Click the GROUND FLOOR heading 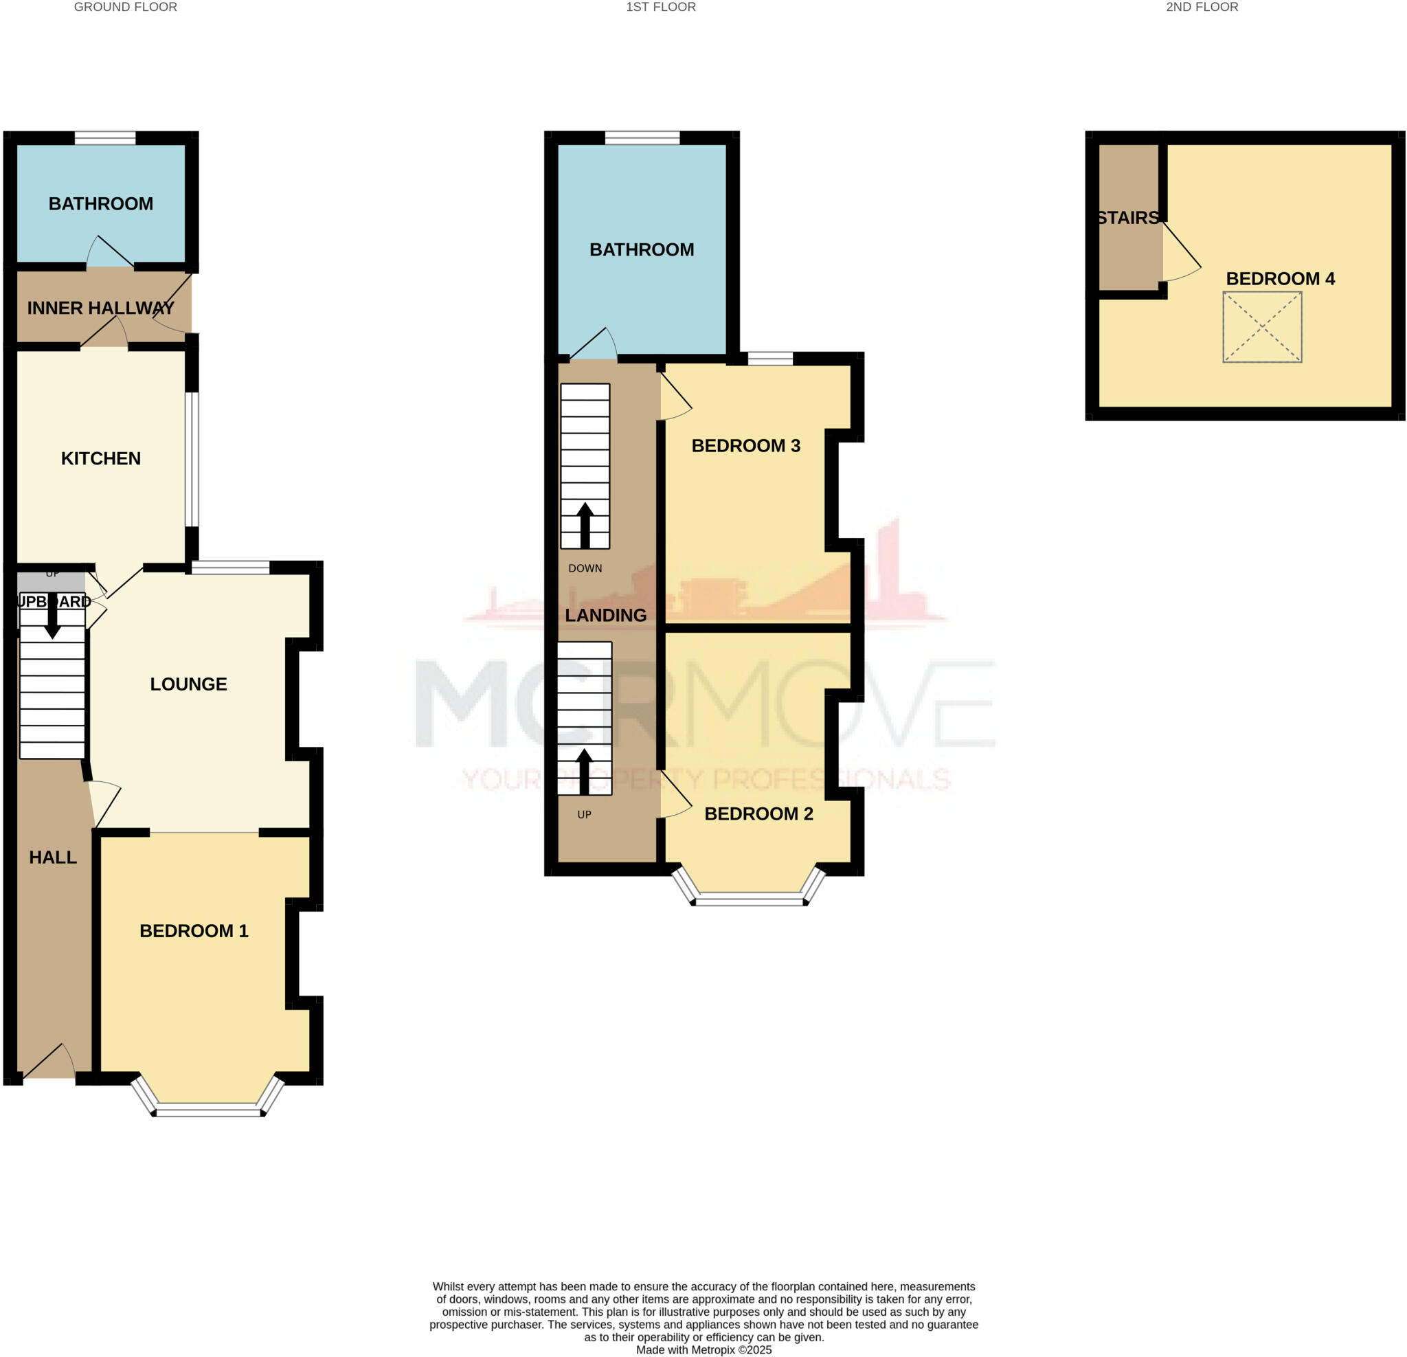tap(126, 7)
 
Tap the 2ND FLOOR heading tap(1202, 7)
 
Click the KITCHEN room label tap(100, 458)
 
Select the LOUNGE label tap(188, 684)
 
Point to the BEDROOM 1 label tap(194, 930)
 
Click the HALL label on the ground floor tap(52, 857)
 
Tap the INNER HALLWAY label tap(100, 308)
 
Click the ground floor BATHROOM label tap(100, 203)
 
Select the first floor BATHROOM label tap(641, 249)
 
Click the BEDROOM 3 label tap(745, 445)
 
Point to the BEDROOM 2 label tap(758, 814)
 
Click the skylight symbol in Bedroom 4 tap(1262, 326)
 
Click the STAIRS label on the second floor tap(1128, 218)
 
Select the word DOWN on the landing tap(585, 568)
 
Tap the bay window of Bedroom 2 tap(749, 898)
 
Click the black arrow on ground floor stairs tap(52, 618)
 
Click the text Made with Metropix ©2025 tap(703, 1349)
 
